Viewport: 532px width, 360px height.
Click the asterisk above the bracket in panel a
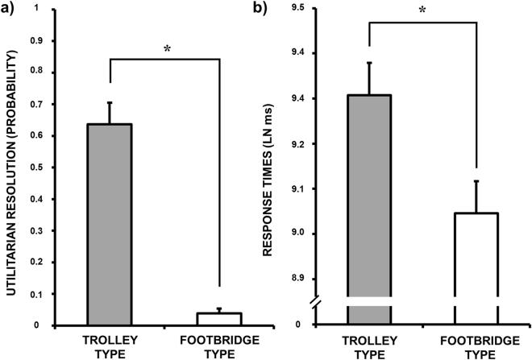coord(166,49)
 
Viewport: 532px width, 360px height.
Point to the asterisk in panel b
coord(421,10)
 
